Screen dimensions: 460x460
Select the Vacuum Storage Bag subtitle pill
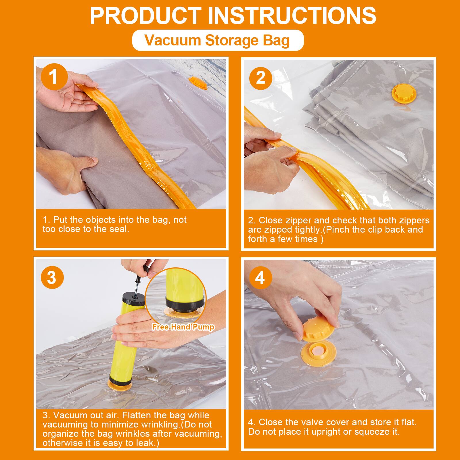(218, 40)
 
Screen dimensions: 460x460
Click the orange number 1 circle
(54, 77)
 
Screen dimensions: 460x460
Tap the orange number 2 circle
(260, 78)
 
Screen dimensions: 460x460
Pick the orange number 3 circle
(52, 277)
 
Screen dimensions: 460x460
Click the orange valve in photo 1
(197, 83)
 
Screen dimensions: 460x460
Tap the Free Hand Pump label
(183, 327)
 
